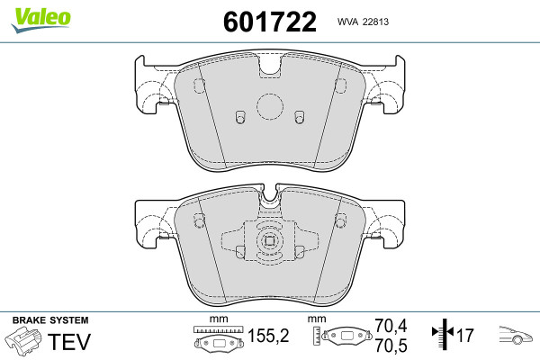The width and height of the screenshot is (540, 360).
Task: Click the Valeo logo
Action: tap(40, 19)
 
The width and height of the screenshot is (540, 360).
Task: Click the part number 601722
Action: tap(270, 22)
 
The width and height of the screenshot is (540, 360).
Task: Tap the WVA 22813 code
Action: tap(363, 22)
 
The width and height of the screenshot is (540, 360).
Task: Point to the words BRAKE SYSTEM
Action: tap(50, 320)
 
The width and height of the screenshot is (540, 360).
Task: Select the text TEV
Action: tap(69, 341)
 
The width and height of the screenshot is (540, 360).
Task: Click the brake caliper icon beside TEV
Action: tap(23, 338)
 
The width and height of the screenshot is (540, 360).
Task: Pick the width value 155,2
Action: tap(268, 335)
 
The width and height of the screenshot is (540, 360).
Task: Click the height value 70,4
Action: tap(391, 326)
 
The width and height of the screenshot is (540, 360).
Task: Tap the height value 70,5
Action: tap(391, 346)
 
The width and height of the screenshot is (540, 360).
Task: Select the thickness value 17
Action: tap(465, 335)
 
